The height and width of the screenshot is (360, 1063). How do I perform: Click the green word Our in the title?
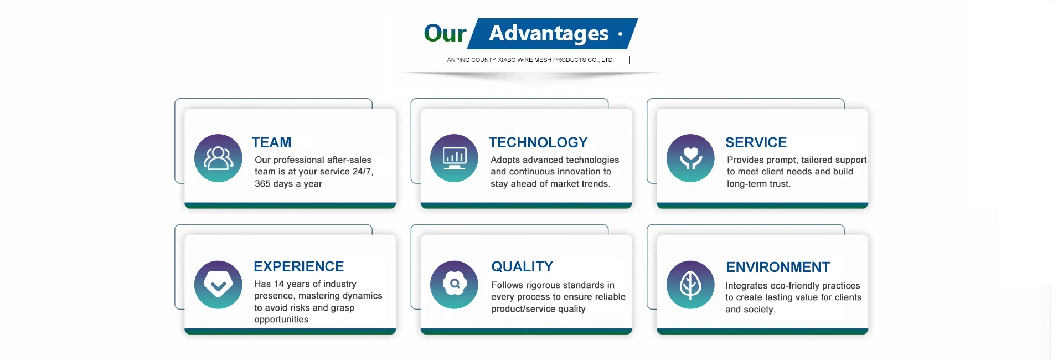pyautogui.click(x=445, y=33)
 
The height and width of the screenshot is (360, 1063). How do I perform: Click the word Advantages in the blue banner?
pyautogui.click(x=549, y=34)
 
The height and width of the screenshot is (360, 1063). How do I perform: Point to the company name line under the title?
pyautogui.click(x=530, y=60)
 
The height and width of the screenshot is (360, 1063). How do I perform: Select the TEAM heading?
pyautogui.click(x=271, y=142)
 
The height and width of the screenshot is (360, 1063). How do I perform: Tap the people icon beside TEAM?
pyautogui.click(x=218, y=158)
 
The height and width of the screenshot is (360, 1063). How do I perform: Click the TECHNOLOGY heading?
pyautogui.click(x=538, y=142)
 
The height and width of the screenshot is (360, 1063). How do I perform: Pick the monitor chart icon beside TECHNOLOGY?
pyautogui.click(x=454, y=158)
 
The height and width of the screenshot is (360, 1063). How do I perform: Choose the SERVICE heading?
pyautogui.click(x=756, y=142)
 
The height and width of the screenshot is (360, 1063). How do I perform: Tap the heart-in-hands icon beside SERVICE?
pyautogui.click(x=690, y=158)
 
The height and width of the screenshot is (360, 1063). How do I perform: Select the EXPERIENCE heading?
pyautogui.click(x=299, y=266)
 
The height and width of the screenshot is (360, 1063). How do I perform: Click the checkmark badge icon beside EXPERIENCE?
pyautogui.click(x=218, y=285)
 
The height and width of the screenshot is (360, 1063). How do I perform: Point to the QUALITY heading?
pyautogui.click(x=522, y=266)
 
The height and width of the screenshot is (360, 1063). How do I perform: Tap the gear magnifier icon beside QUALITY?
pyautogui.click(x=454, y=285)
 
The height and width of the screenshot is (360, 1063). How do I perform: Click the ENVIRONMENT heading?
pyautogui.click(x=778, y=267)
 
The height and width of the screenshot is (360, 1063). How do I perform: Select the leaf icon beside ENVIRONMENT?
pyautogui.click(x=690, y=285)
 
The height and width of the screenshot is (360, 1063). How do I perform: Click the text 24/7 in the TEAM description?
pyautogui.click(x=363, y=172)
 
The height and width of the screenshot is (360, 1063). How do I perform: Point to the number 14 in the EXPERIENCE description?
pyautogui.click(x=279, y=284)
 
